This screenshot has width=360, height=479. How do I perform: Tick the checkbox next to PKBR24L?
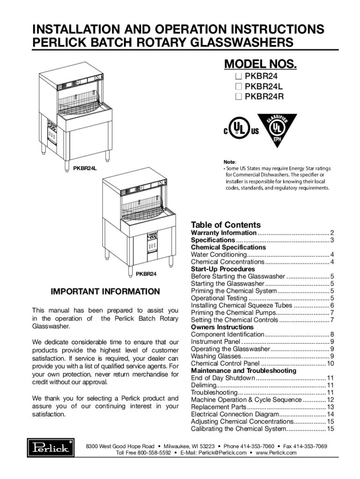pos(238,87)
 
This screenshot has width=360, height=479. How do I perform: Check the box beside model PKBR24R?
pos(238,97)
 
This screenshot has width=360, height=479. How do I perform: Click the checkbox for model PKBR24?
pos(238,76)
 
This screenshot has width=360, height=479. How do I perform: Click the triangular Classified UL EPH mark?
pos(276,131)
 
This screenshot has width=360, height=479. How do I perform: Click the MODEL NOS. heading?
pos(260,64)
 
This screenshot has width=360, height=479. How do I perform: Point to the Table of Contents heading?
pos(226,225)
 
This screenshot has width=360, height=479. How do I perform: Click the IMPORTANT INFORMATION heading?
pos(105,291)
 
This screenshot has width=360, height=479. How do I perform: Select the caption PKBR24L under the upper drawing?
pos(85,168)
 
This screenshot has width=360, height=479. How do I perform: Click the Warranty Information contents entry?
pos(223,233)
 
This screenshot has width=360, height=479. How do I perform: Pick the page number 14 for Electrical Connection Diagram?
pos(330,414)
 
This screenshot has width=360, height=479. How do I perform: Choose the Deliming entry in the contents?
pos(203,385)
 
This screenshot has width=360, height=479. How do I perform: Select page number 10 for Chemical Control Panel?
pos(330,363)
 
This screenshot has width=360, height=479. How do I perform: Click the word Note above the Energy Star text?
pos(230,161)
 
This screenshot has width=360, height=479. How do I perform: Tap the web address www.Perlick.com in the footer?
pos(276,453)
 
